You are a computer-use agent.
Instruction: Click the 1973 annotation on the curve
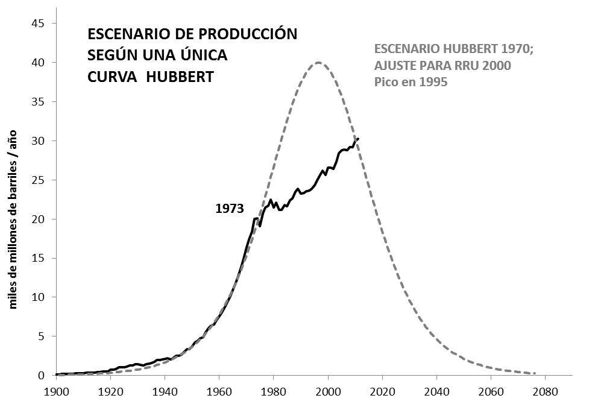click(x=229, y=209)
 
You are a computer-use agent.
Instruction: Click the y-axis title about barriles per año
click(x=13, y=219)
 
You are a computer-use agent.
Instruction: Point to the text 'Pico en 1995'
click(x=411, y=82)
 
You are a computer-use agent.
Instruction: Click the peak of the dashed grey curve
click(x=319, y=63)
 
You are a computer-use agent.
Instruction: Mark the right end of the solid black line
click(x=358, y=139)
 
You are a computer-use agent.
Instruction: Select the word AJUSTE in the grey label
click(x=397, y=65)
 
